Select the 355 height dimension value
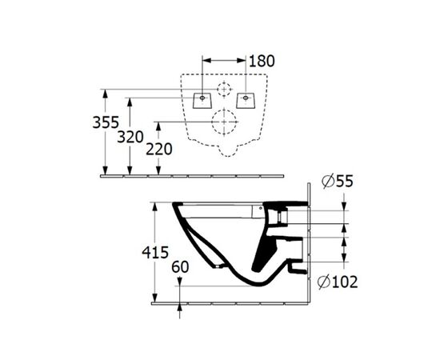pyautogui.click(x=104, y=123)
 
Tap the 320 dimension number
pyautogui.click(x=130, y=136)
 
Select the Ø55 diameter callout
pyautogui.click(x=338, y=182)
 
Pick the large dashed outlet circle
pyautogui.click(x=224, y=122)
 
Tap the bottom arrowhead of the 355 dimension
pyautogui.click(x=104, y=169)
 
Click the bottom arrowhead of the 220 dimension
pyautogui.click(x=160, y=169)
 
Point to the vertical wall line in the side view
pyautogui.click(x=308, y=240)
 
